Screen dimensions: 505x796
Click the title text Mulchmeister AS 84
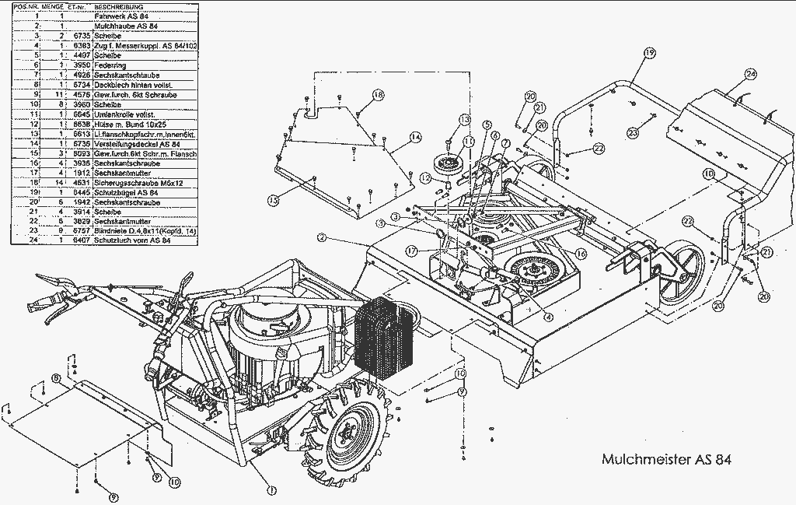click(x=666, y=458)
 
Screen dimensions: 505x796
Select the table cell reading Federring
click(x=110, y=65)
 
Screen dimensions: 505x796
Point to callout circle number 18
click(x=378, y=95)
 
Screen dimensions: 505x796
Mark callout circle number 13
click(x=464, y=119)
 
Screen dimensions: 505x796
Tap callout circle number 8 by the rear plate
click(x=55, y=378)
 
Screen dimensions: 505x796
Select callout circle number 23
click(x=633, y=133)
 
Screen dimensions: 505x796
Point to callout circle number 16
click(x=580, y=254)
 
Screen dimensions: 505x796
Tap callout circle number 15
click(x=273, y=201)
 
